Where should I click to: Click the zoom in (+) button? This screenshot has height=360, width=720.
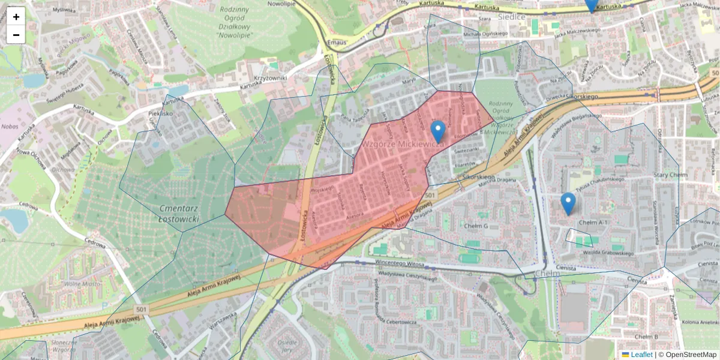16,17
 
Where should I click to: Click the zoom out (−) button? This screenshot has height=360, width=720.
16,35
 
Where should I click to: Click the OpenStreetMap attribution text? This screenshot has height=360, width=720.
691,355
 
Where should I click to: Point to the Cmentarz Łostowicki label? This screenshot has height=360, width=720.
179,214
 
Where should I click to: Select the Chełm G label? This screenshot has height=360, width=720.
477,226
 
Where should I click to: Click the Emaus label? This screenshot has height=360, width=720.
338,42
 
